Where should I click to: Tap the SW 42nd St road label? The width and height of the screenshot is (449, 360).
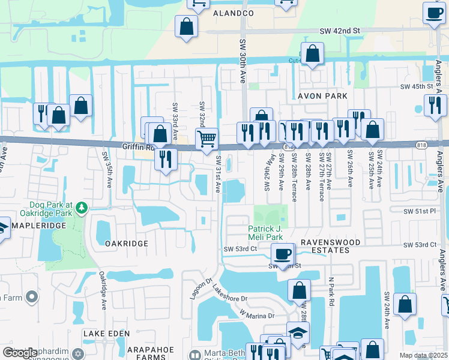click(x=339, y=31)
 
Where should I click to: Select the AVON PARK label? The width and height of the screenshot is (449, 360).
click(x=323, y=95)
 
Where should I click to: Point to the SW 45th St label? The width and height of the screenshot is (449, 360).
click(x=417, y=87)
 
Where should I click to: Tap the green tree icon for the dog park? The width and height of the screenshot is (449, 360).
click(x=80, y=208)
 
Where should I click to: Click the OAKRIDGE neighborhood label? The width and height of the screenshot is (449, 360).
click(x=126, y=244)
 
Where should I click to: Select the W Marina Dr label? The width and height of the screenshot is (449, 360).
click(x=256, y=313)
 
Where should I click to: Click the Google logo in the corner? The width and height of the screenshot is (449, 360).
click(x=19, y=352)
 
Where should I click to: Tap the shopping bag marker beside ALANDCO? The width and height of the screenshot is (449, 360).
click(x=186, y=26)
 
